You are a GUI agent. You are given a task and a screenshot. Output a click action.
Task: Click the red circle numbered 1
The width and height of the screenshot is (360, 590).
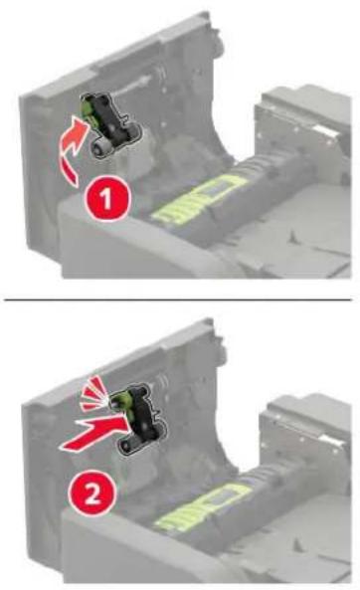pos(107,198)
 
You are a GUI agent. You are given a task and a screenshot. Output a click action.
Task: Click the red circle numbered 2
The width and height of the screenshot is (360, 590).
pos(91,492)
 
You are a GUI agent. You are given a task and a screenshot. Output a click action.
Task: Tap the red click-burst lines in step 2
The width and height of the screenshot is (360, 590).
pos(93,394)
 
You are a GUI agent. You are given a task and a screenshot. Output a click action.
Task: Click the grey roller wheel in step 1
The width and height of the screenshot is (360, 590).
pos(98,148)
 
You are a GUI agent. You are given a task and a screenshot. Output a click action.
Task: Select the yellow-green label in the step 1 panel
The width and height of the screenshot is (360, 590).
pos(199,199)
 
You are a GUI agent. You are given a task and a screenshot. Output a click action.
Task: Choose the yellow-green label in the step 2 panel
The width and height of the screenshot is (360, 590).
pos(203,507)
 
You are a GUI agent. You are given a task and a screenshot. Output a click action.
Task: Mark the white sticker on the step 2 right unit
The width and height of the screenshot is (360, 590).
pos(331,439)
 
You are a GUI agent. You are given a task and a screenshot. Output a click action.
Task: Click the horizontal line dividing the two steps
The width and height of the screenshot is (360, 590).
pos(178,299)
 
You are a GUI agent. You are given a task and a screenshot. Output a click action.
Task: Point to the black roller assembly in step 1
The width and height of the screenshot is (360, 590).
pos(111,124)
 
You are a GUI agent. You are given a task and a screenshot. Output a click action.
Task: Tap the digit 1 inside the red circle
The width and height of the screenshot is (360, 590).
pos(106,198)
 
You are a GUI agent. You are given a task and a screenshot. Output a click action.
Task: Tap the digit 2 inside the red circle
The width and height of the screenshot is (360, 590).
pos(92,493)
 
